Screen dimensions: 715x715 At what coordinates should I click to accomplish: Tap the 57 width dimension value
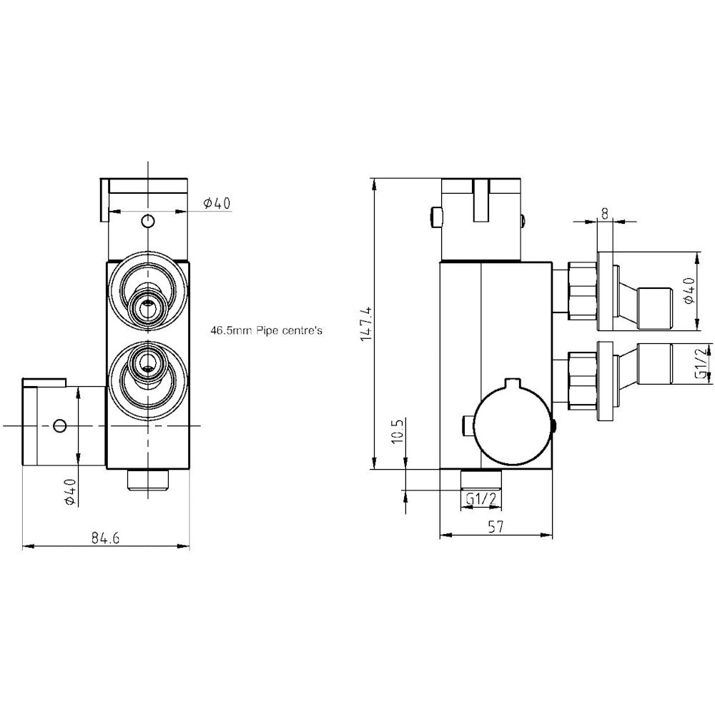pyautogui.click(x=496, y=528)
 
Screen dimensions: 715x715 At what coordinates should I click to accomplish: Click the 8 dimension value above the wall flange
pyautogui.click(x=605, y=213)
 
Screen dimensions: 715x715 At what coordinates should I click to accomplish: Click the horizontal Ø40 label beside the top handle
pyautogui.click(x=217, y=204)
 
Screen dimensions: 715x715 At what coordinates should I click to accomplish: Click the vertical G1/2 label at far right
pyautogui.click(x=700, y=366)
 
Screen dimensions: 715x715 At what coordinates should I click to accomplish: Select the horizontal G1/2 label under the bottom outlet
pyautogui.click(x=480, y=499)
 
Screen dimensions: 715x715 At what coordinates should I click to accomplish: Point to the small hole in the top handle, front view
pyautogui.click(x=147, y=221)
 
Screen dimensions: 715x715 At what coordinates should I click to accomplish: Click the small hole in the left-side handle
pyautogui.click(x=59, y=426)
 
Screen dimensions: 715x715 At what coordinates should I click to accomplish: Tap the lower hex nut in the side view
pyautogui.click(x=581, y=378)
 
